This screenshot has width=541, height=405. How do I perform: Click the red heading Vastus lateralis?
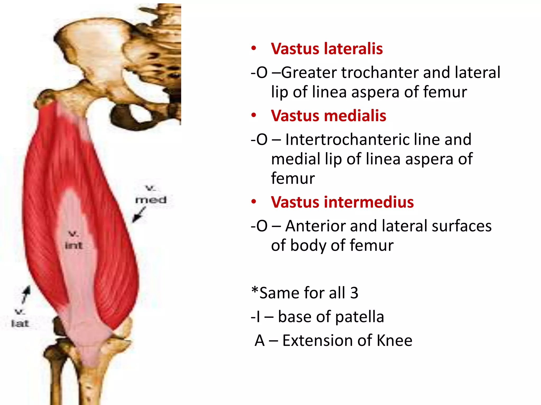(x=327, y=49)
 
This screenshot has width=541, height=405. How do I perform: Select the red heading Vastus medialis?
(x=328, y=116)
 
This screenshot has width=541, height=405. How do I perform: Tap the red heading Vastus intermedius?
(x=342, y=202)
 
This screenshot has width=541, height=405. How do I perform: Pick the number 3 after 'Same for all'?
(x=354, y=293)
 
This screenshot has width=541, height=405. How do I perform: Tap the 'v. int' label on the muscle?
(x=74, y=240)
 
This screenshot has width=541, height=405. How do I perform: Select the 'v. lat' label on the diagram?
(x=20, y=318)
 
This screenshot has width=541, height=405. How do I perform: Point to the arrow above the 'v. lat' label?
(x=26, y=294)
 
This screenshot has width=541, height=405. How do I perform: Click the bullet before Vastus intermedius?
(x=254, y=202)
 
